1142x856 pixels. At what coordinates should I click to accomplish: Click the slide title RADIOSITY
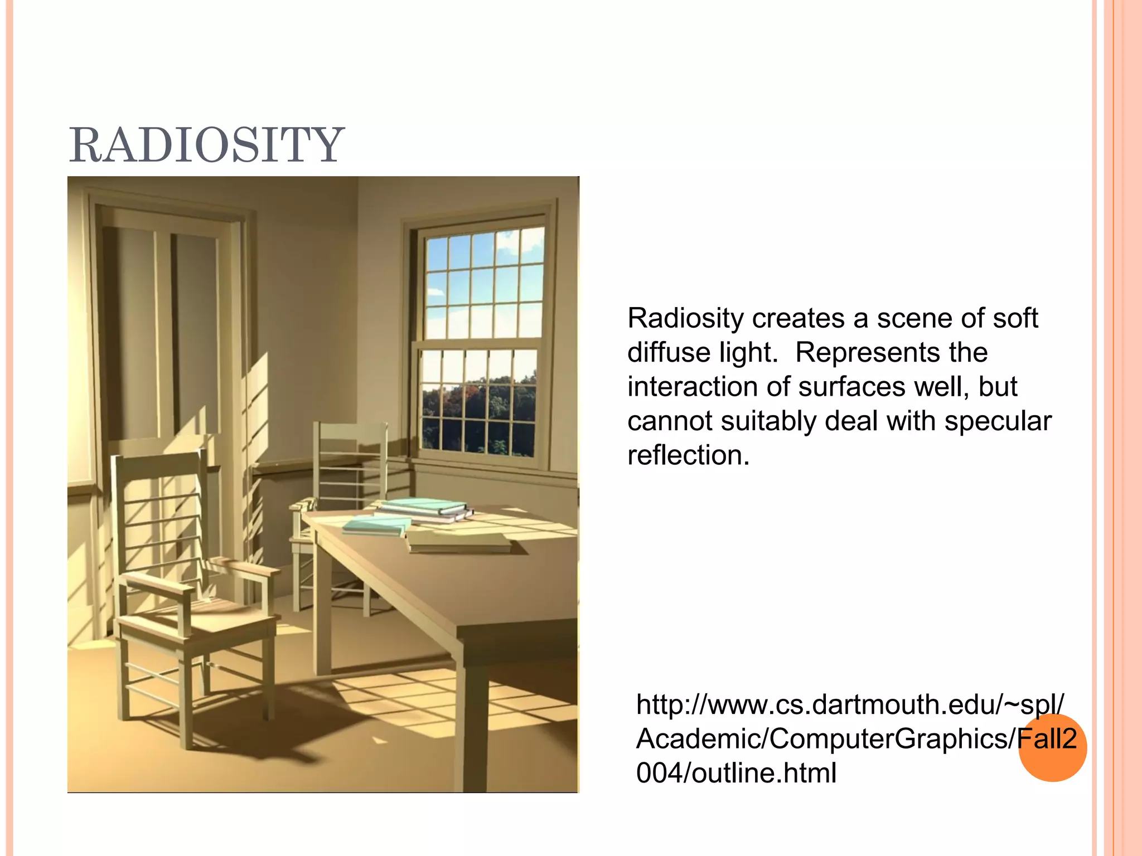click(206, 145)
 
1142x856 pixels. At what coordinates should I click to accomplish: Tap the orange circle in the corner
click(1052, 748)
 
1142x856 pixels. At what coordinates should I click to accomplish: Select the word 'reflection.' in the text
click(688, 455)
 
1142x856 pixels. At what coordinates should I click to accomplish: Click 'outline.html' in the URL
click(763, 773)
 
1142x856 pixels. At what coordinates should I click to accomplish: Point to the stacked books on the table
click(424, 509)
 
